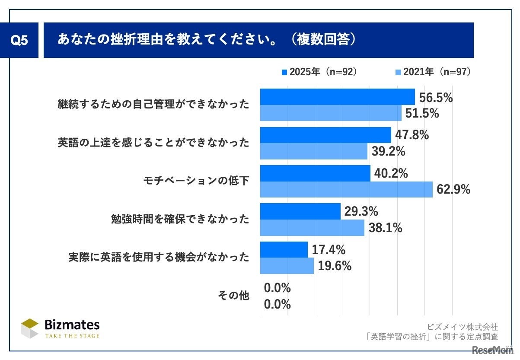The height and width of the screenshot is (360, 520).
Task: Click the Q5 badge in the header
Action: click(19, 41)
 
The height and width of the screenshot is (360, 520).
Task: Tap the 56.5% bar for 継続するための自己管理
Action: click(337, 97)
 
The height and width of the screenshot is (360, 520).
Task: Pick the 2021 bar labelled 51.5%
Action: click(331, 113)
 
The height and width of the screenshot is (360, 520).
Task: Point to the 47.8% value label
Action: click(412, 135)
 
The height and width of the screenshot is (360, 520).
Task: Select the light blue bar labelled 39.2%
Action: click(313, 151)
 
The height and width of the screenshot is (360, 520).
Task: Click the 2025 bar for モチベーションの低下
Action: click(315, 173)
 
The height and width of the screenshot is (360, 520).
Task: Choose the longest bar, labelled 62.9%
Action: click(346, 189)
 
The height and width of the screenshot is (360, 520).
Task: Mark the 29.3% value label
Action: click(361, 211)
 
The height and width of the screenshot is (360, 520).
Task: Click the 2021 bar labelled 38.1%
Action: click(312, 228)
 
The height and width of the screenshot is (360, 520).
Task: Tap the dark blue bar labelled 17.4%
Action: click(284, 249)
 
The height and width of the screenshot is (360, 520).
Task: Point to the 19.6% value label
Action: click(334, 266)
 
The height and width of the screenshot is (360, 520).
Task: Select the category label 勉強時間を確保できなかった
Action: click(180, 219)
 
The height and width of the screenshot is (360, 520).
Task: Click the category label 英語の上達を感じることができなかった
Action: click(153, 143)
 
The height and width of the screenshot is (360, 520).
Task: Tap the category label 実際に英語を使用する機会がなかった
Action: click(159, 258)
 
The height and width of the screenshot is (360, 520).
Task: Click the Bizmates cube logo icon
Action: click(30, 329)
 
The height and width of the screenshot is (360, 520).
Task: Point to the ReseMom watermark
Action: click(493, 349)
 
